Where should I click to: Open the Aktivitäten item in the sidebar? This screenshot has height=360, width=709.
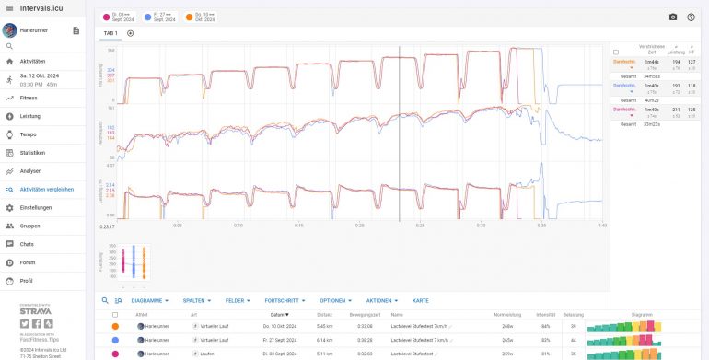[x=32, y=61]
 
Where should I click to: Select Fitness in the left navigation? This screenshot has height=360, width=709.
[x=29, y=98]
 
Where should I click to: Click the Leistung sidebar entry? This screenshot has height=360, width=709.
[x=29, y=116]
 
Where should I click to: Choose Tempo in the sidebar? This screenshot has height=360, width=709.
[x=28, y=134]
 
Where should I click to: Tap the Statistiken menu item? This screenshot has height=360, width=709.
[x=32, y=153]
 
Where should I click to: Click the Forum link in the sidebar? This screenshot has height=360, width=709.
[x=27, y=262]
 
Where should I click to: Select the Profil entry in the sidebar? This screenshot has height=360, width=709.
[x=27, y=281]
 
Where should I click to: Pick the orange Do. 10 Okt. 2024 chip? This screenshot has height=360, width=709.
[x=201, y=17]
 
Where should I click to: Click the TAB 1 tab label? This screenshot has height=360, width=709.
[x=110, y=33]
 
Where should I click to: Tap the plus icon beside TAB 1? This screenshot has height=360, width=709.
[x=130, y=33]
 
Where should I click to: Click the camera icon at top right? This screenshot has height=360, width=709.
[x=673, y=17]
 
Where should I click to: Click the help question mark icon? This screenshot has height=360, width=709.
[x=691, y=17]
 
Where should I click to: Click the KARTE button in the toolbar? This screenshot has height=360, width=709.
[x=421, y=301]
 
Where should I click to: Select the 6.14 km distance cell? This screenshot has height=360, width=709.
[x=324, y=340]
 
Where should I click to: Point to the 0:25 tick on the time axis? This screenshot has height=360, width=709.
[x=420, y=225]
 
